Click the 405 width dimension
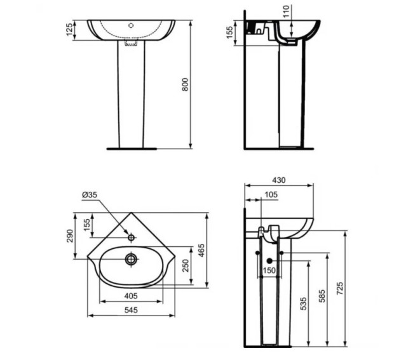(x=132, y=295)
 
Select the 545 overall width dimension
(x=132, y=310)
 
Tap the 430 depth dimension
(x=279, y=180)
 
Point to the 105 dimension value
(x=270, y=194)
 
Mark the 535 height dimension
(x=303, y=303)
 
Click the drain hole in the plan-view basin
(x=132, y=258)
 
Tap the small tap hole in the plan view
(x=132, y=237)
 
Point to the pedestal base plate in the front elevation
(x=131, y=149)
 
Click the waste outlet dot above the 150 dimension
(x=269, y=260)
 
